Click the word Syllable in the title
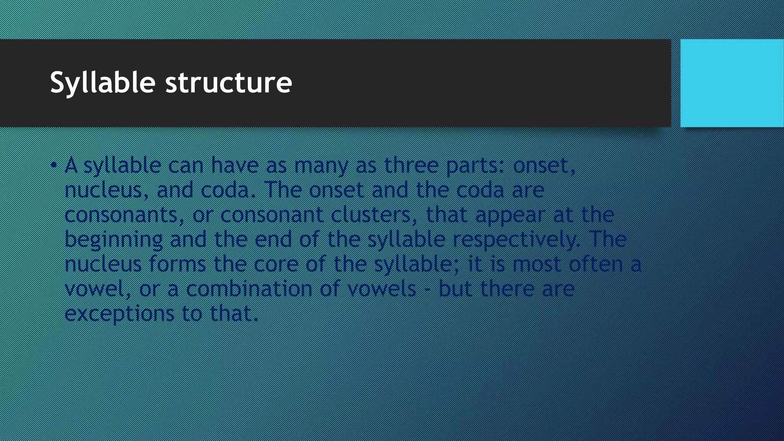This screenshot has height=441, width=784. point(103,82)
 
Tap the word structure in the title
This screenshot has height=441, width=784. point(229,82)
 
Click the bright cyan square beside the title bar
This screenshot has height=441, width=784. point(732,83)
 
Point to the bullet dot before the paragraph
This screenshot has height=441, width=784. point(54,165)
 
